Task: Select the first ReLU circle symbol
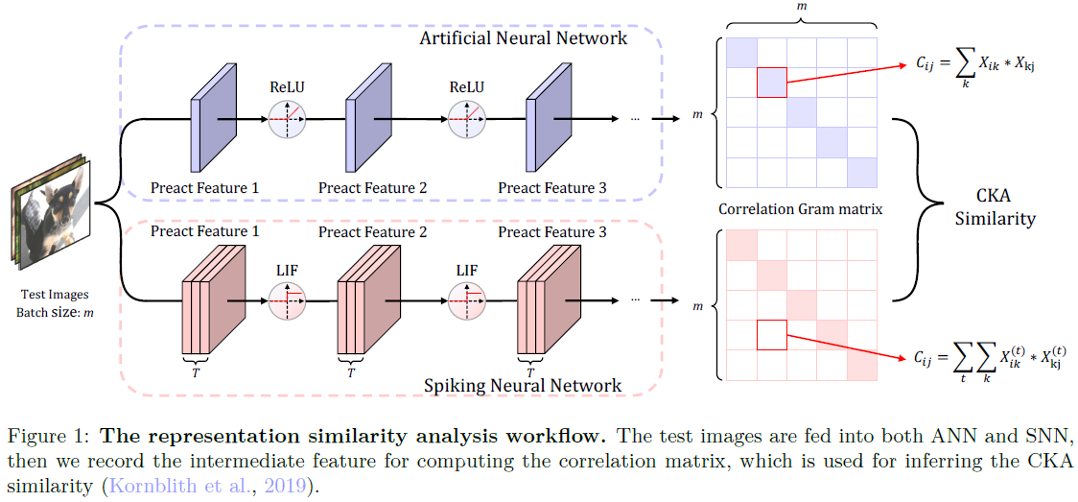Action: click(x=287, y=119)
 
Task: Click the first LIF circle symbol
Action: click(x=287, y=299)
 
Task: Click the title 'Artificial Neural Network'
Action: click(x=524, y=38)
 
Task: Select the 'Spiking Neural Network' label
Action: click(x=523, y=386)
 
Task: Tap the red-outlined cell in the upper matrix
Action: click(x=771, y=84)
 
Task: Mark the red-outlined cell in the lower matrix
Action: click(x=771, y=335)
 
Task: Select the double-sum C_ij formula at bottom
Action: click(x=989, y=358)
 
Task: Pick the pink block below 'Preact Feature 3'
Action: click(x=548, y=301)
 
